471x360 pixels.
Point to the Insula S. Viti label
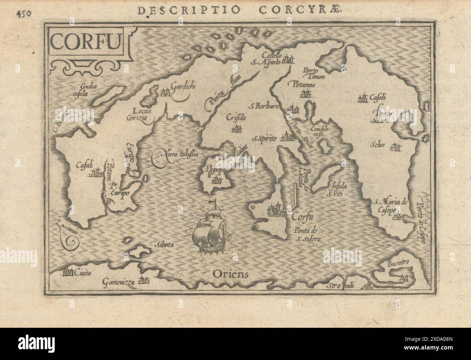(x=338, y=190)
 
